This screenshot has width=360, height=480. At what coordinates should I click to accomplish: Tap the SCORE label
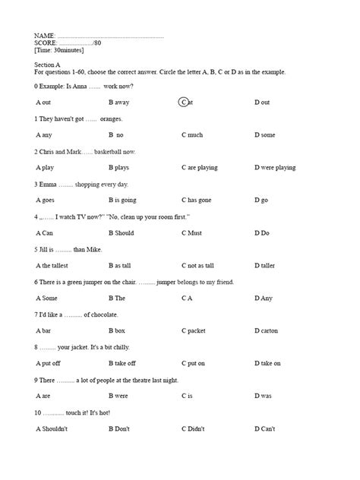point(46,43)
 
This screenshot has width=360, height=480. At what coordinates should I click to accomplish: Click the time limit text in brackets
point(59,50)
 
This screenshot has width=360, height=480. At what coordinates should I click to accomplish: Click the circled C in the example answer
point(184,102)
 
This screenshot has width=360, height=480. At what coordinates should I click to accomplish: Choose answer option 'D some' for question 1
point(265,135)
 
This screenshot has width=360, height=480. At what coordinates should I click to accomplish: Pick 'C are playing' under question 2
point(201,167)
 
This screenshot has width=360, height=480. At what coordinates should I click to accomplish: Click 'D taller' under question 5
point(267,266)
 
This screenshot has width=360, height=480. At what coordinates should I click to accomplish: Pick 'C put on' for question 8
point(194,364)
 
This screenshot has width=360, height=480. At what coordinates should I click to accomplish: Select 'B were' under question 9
point(118,396)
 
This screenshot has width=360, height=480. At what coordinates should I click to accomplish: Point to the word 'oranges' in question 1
point(111,119)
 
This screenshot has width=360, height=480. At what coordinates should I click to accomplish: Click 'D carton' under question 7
point(267,331)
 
